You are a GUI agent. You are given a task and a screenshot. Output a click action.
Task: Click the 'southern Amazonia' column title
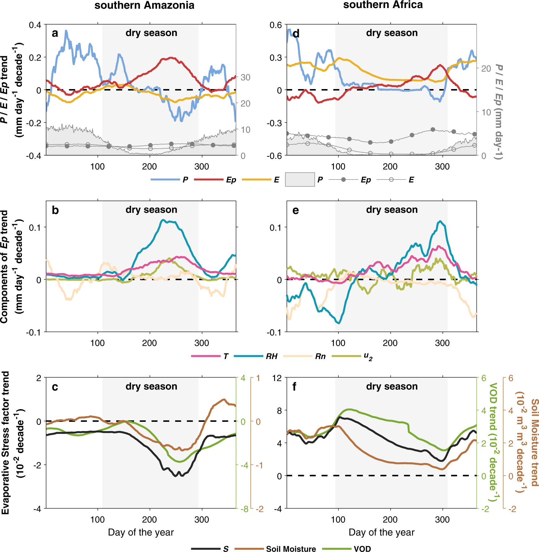144,5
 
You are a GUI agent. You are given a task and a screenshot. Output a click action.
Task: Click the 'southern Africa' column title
383,5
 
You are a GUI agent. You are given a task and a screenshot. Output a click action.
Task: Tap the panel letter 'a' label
55,33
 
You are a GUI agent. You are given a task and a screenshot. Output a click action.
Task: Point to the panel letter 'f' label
294,387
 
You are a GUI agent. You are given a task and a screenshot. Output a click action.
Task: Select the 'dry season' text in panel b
151,210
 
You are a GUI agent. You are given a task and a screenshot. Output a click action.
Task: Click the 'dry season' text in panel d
392,33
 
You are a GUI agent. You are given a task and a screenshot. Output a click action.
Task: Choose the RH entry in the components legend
271,356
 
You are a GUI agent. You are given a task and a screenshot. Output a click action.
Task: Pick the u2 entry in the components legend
368,356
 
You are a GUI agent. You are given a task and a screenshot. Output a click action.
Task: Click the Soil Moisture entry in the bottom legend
291,549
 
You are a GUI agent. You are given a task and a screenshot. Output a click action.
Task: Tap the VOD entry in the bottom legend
362,549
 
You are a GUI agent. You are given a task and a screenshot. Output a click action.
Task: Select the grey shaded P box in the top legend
300,180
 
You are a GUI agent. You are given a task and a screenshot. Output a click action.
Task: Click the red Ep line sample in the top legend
209,180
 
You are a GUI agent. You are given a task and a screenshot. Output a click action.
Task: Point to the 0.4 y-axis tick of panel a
35,25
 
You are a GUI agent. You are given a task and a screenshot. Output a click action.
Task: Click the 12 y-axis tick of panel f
277,378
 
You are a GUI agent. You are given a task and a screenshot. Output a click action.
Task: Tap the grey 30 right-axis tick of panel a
245,77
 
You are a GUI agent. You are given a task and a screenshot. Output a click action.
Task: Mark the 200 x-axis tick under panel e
390,343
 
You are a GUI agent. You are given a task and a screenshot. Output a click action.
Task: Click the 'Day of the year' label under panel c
141,532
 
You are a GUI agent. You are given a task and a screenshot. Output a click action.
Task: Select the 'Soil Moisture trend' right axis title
535,442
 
